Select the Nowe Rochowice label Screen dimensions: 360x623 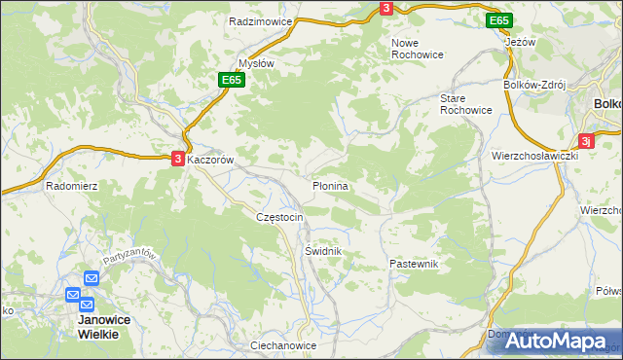[x=417, y=49]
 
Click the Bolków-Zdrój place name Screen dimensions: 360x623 [x=534, y=85]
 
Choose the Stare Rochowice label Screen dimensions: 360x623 [x=467, y=104]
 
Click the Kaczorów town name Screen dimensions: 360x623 [x=211, y=159]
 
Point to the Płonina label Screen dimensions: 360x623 [x=330, y=184]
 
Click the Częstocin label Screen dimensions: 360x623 [x=279, y=216]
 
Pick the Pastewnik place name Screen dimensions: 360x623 [x=415, y=264]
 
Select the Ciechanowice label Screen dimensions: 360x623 [x=283, y=345]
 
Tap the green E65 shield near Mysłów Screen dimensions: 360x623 [x=230, y=80]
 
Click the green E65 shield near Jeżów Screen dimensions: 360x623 [x=499, y=20]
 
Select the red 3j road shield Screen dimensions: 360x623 [x=586, y=140]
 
